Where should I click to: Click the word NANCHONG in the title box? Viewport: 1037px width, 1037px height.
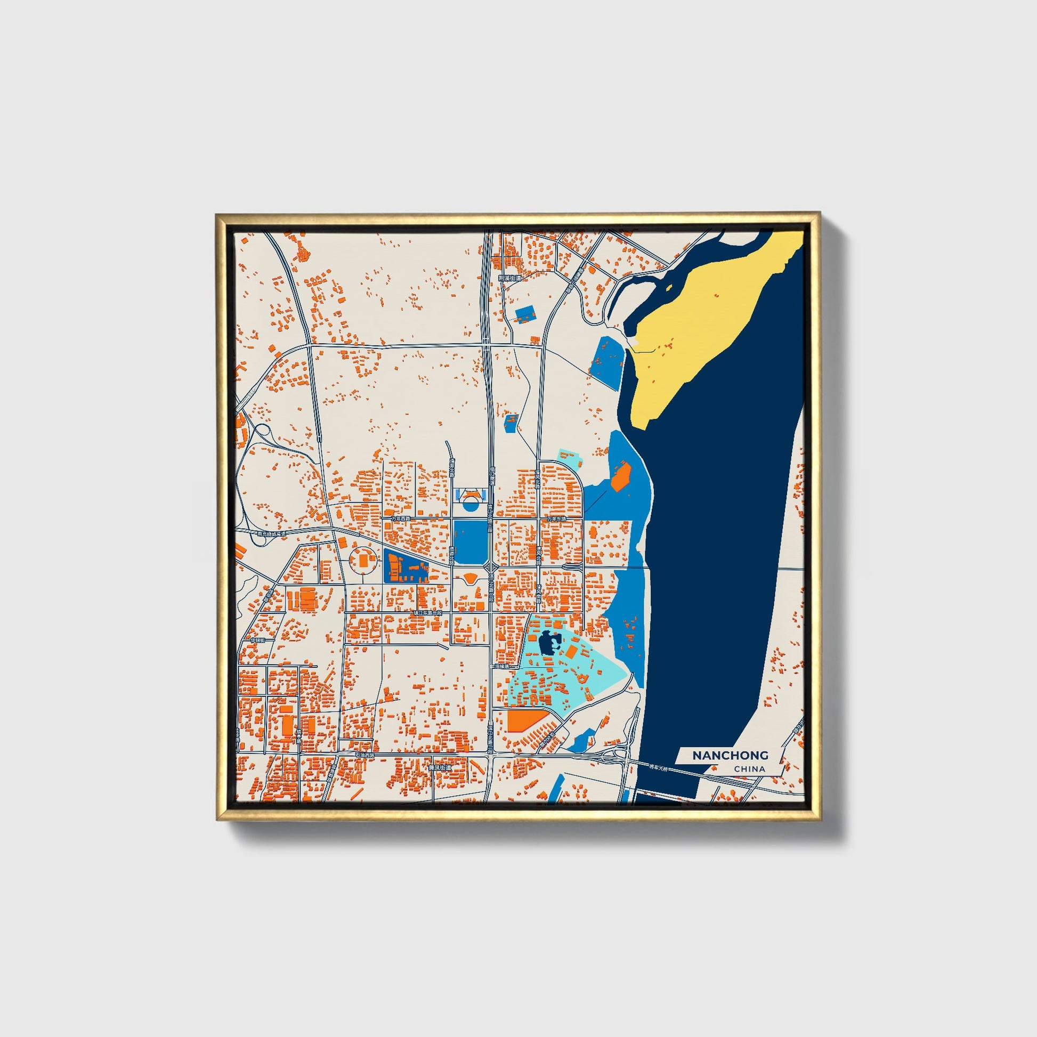[x=730, y=756]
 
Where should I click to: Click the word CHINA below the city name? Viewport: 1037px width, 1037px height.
[x=750, y=769]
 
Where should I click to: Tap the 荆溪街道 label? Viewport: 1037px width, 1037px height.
[x=509, y=279]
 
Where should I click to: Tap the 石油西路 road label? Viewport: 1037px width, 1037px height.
[x=366, y=755]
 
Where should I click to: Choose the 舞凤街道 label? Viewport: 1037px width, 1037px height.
[x=440, y=768]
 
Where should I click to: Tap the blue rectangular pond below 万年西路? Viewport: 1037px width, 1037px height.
[x=469, y=542]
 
